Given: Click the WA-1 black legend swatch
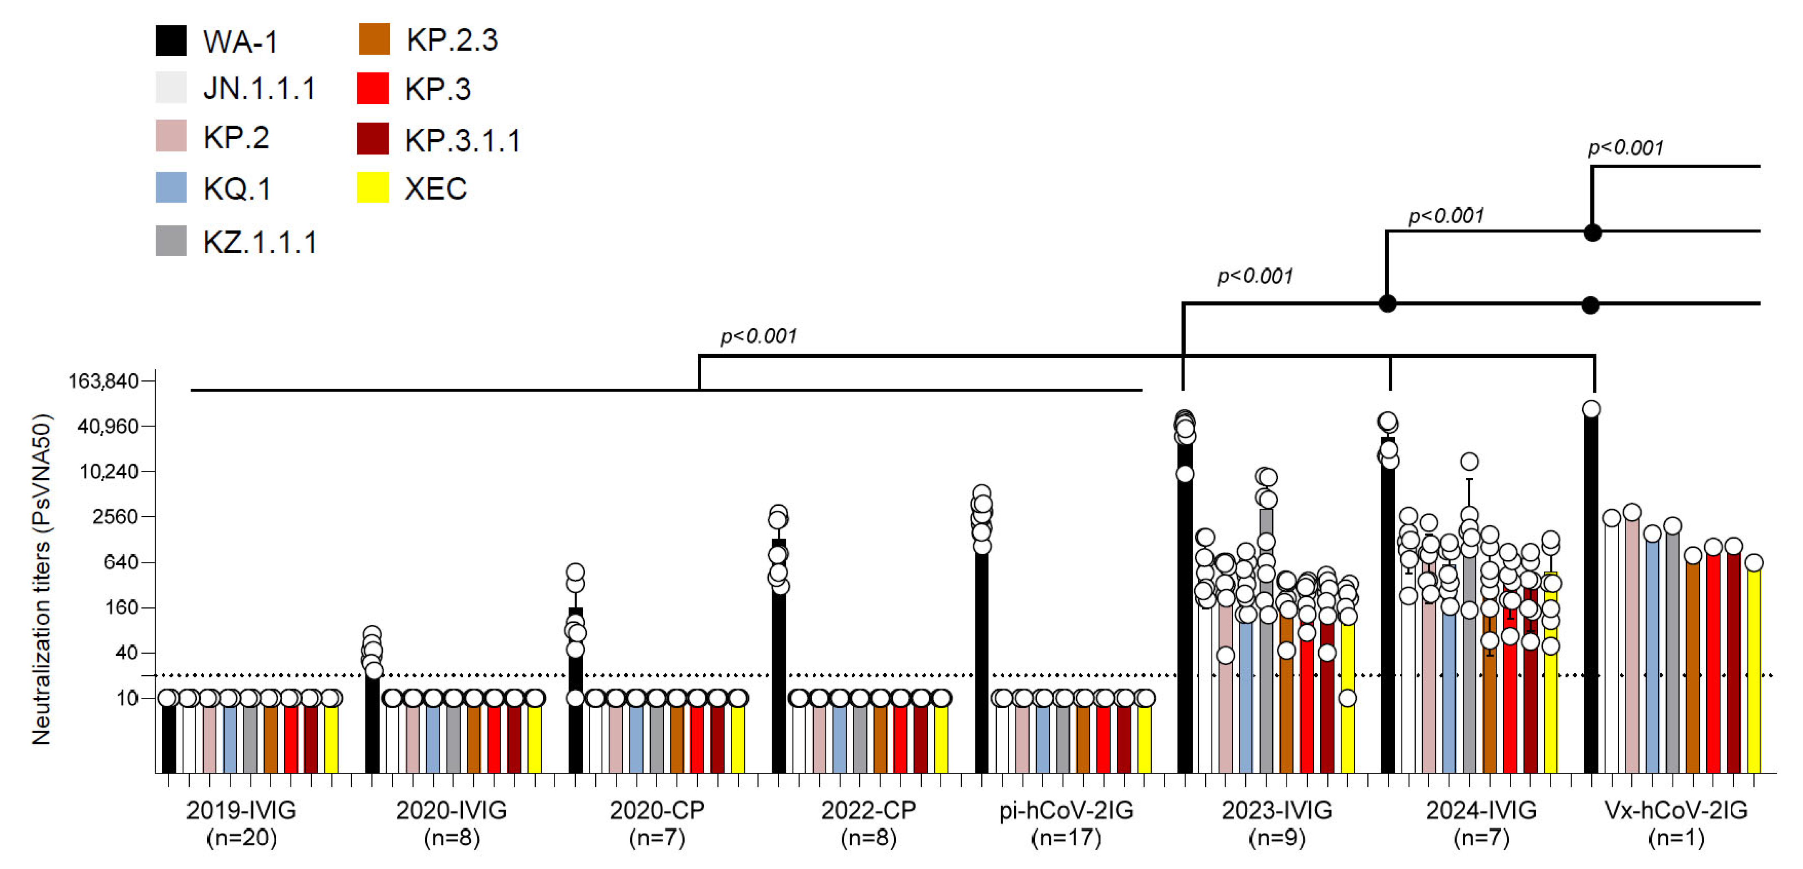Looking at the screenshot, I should [x=171, y=40].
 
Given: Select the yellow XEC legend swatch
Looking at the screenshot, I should [x=372, y=187].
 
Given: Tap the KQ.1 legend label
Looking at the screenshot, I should [x=236, y=189].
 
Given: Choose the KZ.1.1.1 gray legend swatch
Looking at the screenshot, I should [x=171, y=241].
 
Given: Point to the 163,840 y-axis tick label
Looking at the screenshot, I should [x=103, y=381].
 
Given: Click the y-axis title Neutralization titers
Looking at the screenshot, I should [x=42, y=579].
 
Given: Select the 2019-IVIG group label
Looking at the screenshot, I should [x=241, y=810].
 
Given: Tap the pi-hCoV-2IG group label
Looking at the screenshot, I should [x=1066, y=810].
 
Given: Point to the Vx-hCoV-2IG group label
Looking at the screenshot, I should [x=1675, y=810].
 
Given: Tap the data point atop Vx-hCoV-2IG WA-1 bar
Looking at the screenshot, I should [x=1591, y=410].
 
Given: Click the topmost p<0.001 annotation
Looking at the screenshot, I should [x=1625, y=147].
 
